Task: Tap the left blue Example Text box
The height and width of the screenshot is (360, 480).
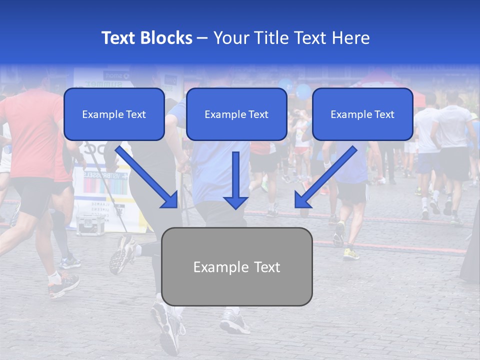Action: pyautogui.click(x=114, y=114)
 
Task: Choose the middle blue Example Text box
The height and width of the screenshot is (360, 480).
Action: pyautogui.click(x=236, y=114)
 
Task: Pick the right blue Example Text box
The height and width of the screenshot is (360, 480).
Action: pyautogui.click(x=362, y=114)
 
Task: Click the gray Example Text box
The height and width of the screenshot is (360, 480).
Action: pyautogui.click(x=236, y=267)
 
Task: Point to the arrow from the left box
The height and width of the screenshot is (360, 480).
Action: pyautogui.click(x=147, y=177)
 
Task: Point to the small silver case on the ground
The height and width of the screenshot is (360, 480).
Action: pyautogui.click(x=90, y=224)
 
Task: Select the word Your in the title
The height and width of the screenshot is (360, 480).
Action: pyautogui.click(x=230, y=38)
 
